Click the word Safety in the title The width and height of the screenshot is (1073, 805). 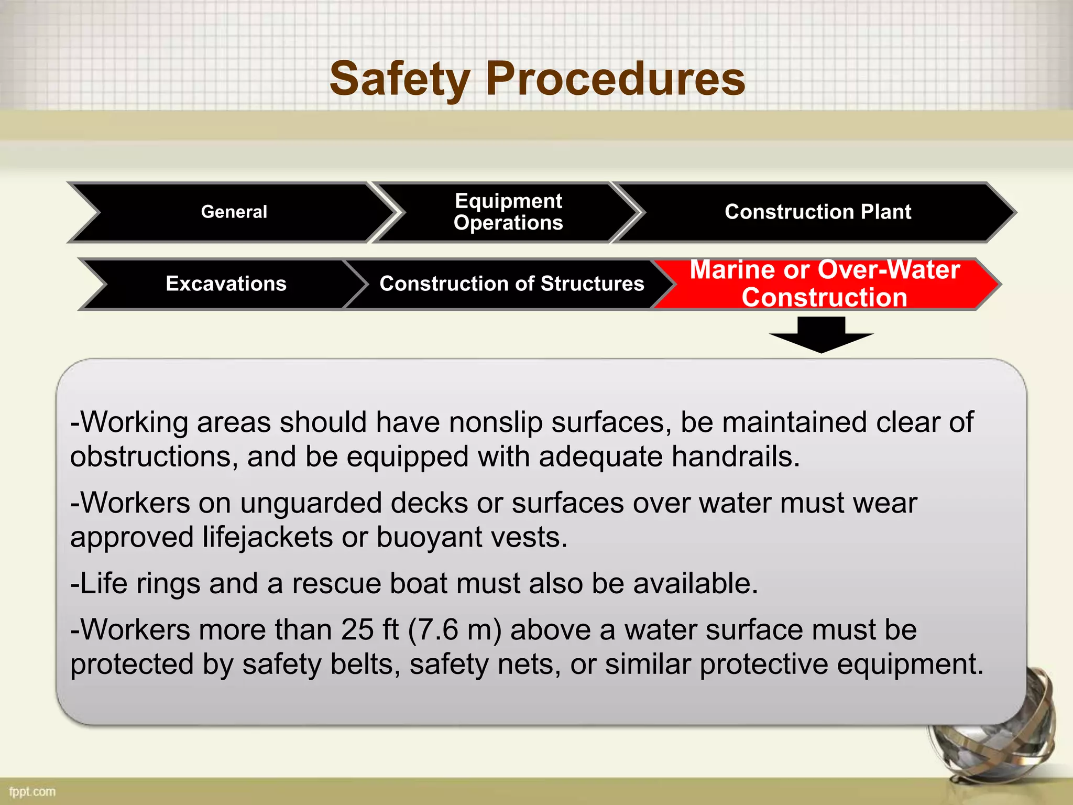[399, 80]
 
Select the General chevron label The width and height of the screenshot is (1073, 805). [234, 212]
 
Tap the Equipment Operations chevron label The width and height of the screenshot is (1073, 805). [508, 212]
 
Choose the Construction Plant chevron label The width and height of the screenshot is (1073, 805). [817, 212]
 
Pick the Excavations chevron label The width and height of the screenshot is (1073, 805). [226, 284]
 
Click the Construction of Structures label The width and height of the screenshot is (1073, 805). [511, 284]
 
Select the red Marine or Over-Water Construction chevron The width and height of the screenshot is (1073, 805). [824, 284]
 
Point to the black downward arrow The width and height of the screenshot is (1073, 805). [821, 335]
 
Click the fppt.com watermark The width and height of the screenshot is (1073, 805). [32, 791]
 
